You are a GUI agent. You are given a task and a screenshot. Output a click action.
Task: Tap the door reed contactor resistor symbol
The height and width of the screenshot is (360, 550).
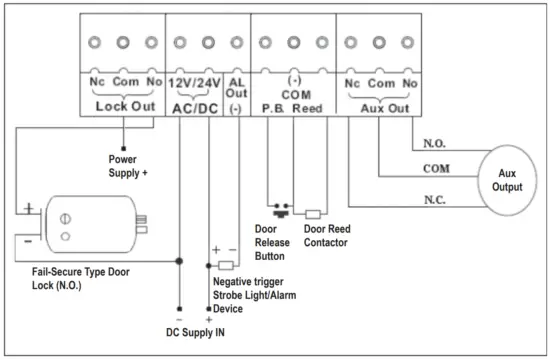click(x=312, y=213)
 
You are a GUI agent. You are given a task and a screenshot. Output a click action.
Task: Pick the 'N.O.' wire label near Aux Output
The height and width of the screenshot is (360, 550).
click(x=433, y=142)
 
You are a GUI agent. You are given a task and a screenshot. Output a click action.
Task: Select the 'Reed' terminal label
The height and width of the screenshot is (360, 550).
click(x=308, y=104)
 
